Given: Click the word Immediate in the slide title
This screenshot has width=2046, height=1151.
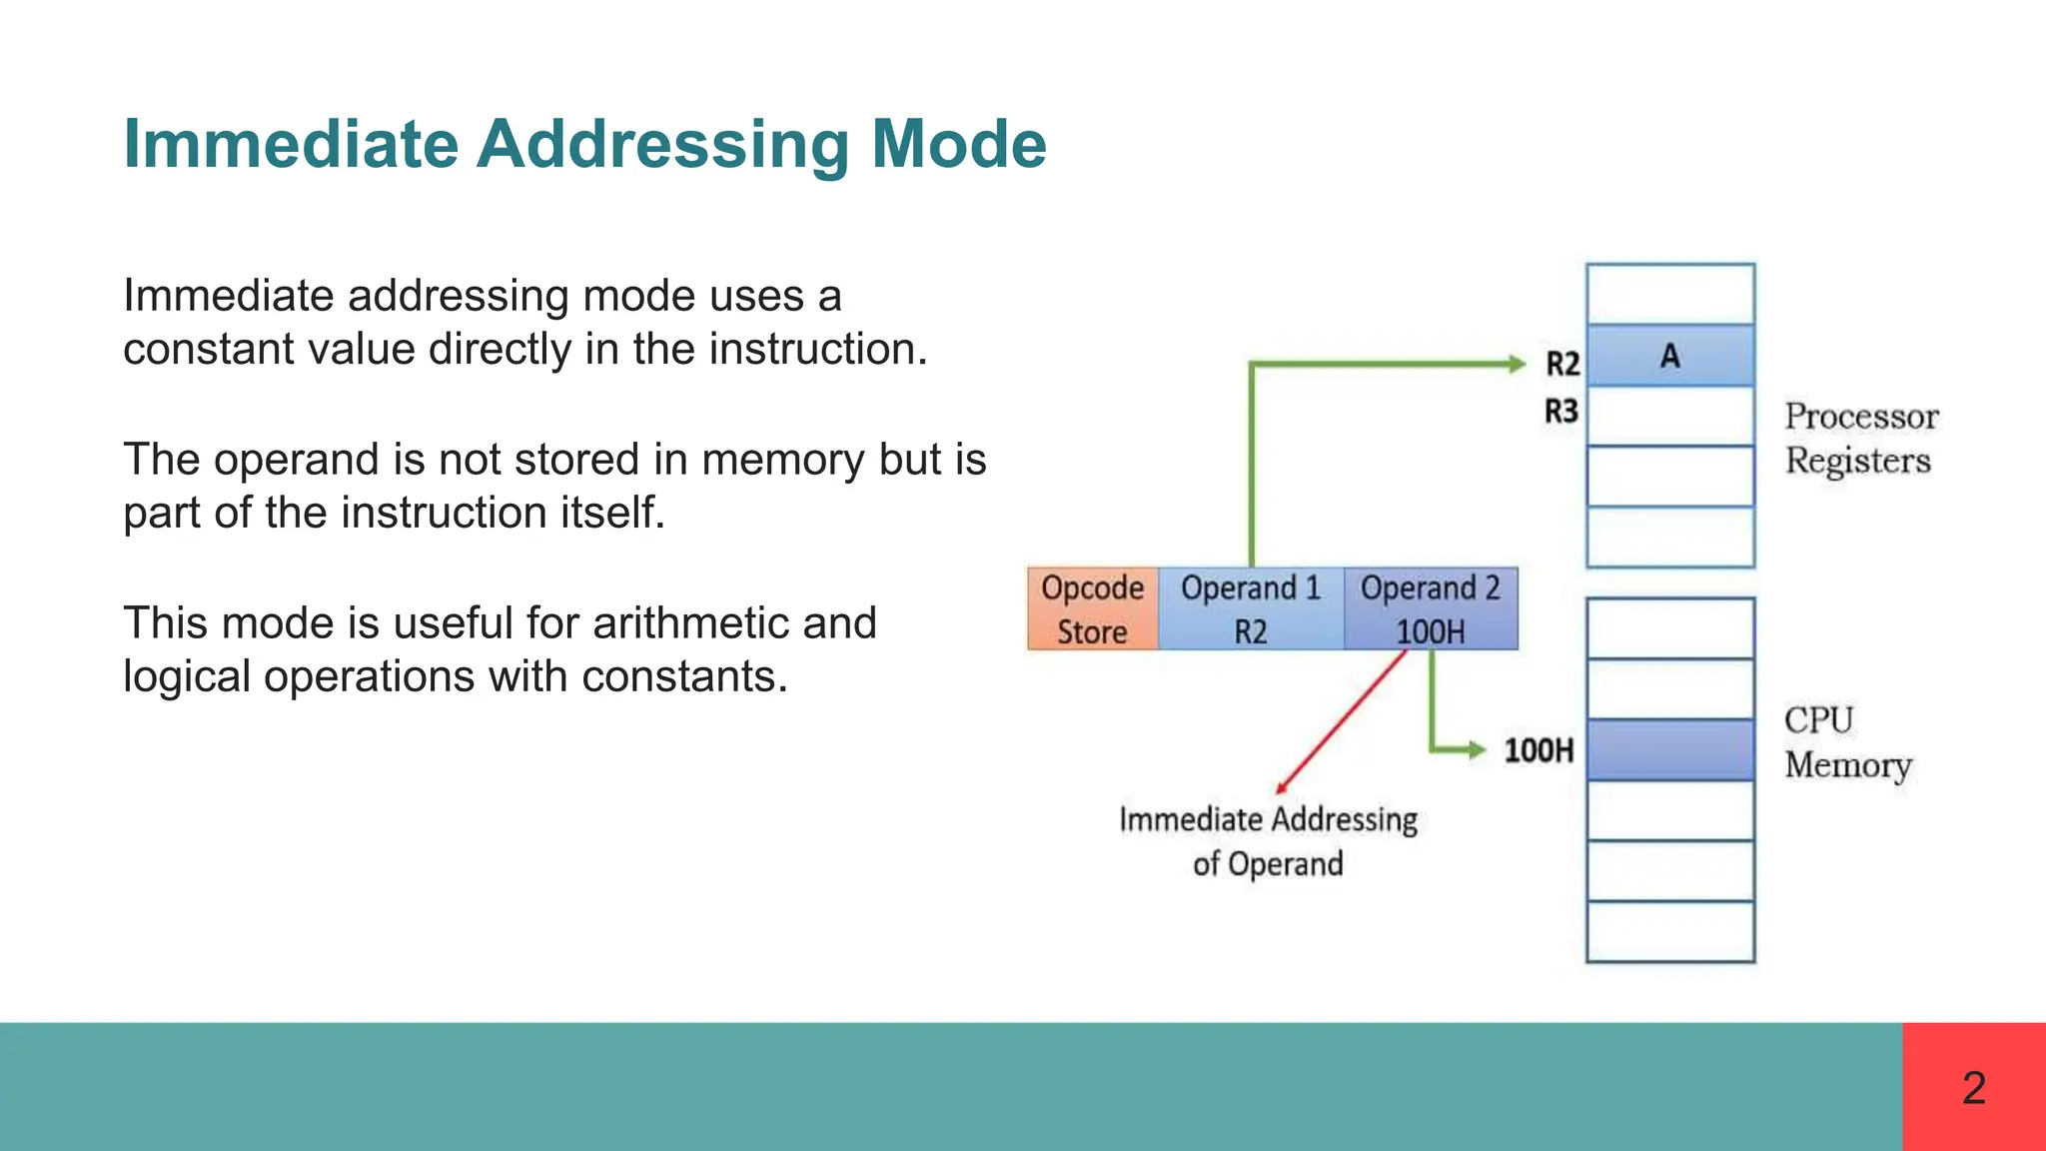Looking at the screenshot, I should pyautogui.click(x=291, y=144).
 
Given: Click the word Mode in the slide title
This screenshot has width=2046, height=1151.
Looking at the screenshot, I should pyautogui.click(x=958, y=144).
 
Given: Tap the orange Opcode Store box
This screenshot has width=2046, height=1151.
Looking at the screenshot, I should pyautogui.click(x=1092, y=608).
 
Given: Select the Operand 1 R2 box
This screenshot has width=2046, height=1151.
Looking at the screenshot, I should pyautogui.click(x=1251, y=608).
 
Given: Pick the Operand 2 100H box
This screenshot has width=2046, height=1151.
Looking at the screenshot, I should pyautogui.click(x=1430, y=608).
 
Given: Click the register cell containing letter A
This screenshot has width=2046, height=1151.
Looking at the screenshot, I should pyautogui.click(x=1669, y=356).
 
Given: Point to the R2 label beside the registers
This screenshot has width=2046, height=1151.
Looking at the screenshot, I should pyautogui.click(x=1562, y=364).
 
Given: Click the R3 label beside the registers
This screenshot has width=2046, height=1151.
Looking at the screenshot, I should pyautogui.click(x=1561, y=411).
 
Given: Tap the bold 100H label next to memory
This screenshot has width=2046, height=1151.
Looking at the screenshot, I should pyautogui.click(x=1538, y=750).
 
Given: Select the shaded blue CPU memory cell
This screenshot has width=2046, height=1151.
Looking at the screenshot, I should pyautogui.click(x=1669, y=749).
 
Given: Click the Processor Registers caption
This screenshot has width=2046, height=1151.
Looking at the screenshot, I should pyautogui.click(x=1860, y=438).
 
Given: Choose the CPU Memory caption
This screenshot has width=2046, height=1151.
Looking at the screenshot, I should pyautogui.click(x=1847, y=742).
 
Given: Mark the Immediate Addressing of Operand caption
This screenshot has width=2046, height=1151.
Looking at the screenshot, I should pyautogui.click(x=1268, y=840).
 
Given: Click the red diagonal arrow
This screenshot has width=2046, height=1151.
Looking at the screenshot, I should pyautogui.click(x=1342, y=721).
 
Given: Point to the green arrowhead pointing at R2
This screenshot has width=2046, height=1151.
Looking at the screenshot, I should pyautogui.click(x=1516, y=364).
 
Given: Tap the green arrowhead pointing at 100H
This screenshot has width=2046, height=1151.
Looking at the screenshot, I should pyautogui.click(x=1476, y=749).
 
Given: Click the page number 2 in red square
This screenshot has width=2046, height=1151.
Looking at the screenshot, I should pyautogui.click(x=1973, y=1087).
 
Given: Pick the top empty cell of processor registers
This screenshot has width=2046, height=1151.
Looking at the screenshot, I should pyautogui.click(x=1669, y=294).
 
